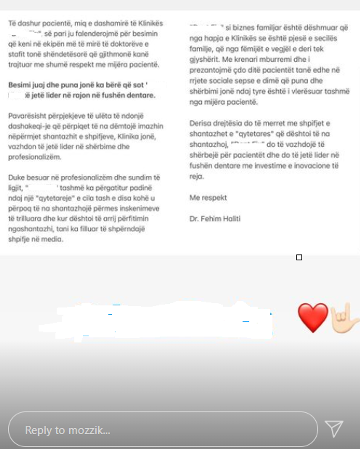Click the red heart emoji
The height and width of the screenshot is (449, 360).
click(x=313, y=318)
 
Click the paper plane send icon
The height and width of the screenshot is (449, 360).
click(x=334, y=428)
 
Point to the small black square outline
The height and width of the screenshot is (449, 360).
click(x=299, y=257)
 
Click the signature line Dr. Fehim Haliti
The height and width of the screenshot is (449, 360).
click(x=215, y=219)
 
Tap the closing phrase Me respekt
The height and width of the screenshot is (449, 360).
click(x=208, y=198)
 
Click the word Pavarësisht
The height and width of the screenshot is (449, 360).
click(x=25, y=116)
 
